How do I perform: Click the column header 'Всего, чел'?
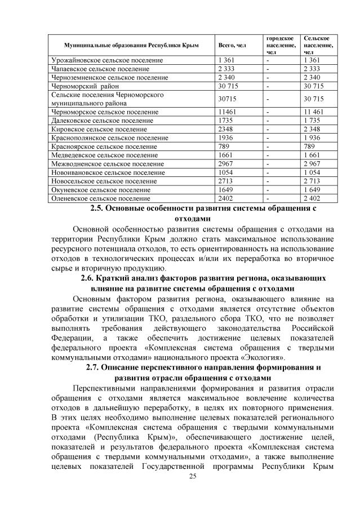tap(232, 44)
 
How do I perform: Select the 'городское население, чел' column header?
tap(278, 44)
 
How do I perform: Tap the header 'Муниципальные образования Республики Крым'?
tap(131, 44)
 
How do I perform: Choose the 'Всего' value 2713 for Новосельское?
tap(226, 181)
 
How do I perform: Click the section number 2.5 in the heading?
tap(97, 209)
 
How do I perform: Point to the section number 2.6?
tap(90, 278)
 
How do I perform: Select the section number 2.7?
tap(94, 367)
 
